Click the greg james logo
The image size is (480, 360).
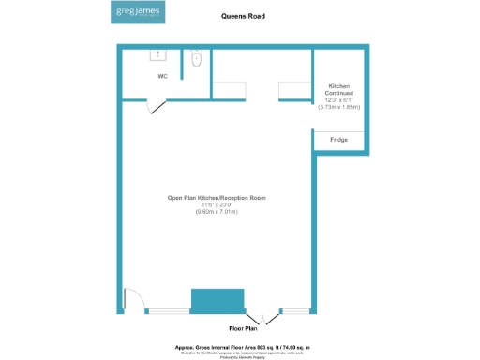[x=137, y=13]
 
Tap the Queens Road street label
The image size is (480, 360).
[x=242, y=16]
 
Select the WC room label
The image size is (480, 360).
[x=162, y=75]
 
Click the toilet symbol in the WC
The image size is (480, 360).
[x=196, y=59]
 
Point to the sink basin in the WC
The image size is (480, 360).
[x=157, y=54]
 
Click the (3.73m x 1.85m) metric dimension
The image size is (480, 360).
[x=338, y=108]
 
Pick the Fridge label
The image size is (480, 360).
[x=338, y=140]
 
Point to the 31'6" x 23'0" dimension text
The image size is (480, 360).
[x=217, y=205]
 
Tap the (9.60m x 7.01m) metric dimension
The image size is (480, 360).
[x=217, y=213]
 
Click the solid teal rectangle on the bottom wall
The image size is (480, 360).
[x=217, y=302]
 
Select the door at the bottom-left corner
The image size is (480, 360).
[x=132, y=300]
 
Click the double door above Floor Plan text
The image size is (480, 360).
[x=264, y=317]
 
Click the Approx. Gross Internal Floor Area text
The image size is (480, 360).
[x=242, y=347]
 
